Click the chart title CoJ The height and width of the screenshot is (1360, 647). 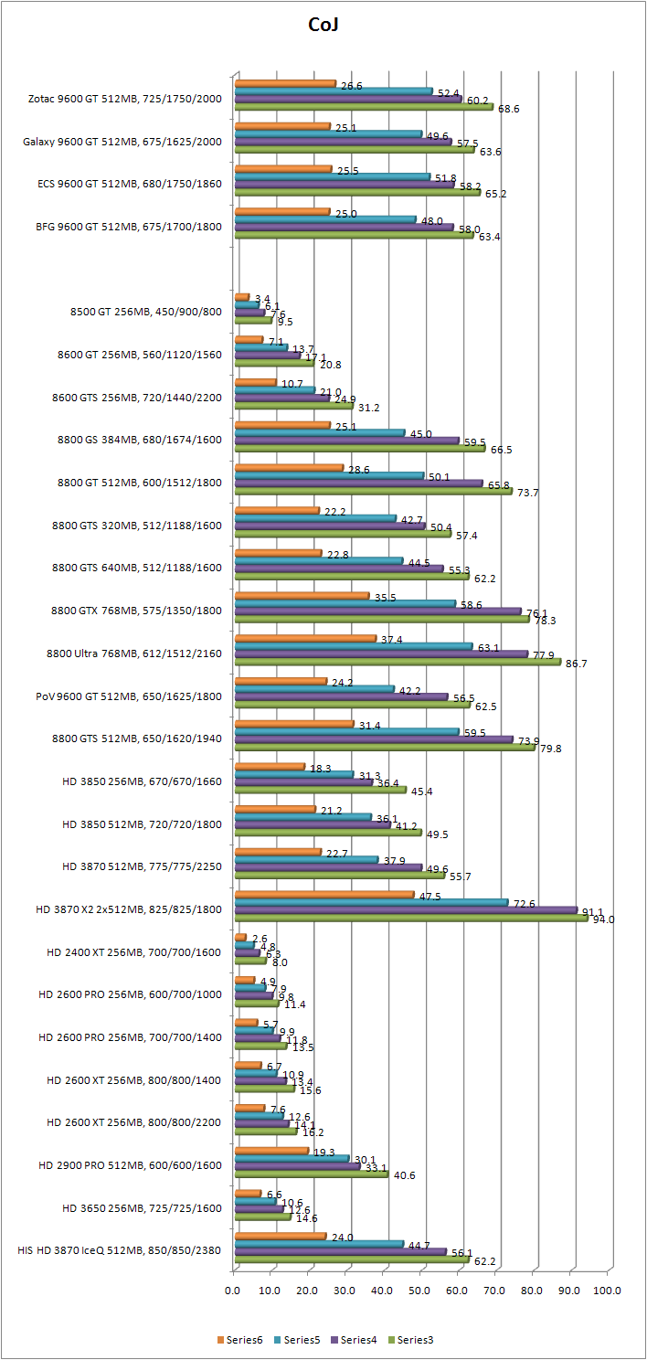(x=324, y=26)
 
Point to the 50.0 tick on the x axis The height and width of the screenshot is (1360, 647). (x=420, y=1291)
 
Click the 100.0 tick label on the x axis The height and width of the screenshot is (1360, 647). (x=607, y=1291)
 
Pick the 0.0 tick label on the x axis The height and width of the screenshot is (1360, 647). (x=233, y=1291)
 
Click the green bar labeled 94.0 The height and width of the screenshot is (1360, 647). (x=411, y=918)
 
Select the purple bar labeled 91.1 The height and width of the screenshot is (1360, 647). (x=406, y=910)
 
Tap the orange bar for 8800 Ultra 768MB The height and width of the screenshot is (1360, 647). (x=305, y=639)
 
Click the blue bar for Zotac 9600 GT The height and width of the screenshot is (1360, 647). (x=334, y=91)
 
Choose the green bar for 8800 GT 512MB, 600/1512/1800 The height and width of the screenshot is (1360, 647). (x=373, y=491)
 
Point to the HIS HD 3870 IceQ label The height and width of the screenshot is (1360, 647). (x=120, y=1249)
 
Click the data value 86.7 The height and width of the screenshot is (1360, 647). (x=577, y=664)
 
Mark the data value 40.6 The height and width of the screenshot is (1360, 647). (x=403, y=1175)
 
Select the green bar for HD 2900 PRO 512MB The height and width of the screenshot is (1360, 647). (x=311, y=1174)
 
